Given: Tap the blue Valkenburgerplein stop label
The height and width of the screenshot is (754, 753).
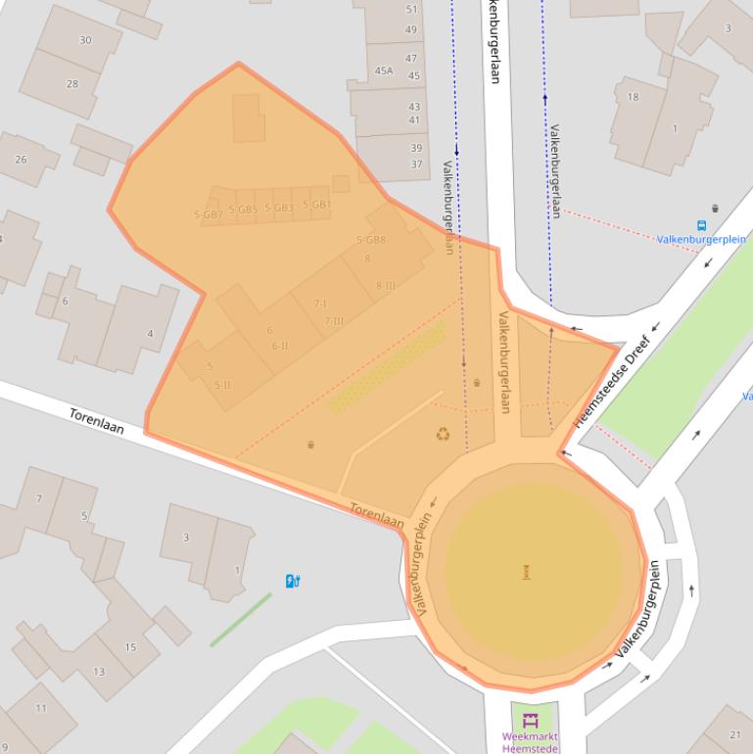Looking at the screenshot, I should tap(701, 239).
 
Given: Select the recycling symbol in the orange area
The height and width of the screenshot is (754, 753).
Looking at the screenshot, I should tap(444, 434).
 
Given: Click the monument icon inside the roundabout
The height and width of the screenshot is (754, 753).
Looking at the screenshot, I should tap(527, 571).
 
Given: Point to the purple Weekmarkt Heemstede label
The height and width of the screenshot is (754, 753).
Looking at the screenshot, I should tap(531, 741).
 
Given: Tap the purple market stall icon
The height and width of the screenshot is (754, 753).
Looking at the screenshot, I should tap(532, 721).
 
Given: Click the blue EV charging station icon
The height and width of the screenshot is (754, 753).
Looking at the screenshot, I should tap(292, 581).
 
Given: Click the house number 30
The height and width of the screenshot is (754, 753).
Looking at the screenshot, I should tap(85, 40).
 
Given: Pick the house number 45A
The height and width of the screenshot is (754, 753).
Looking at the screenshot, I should tap(384, 71).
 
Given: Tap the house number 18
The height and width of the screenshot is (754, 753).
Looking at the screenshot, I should tap(633, 97).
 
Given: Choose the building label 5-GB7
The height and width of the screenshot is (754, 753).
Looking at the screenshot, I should tap(208, 213).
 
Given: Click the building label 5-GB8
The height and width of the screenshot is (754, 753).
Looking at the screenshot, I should tap(371, 240).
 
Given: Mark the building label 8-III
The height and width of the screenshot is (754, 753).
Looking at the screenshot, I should tap(386, 286).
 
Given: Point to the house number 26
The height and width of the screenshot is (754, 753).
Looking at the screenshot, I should tap(21, 160).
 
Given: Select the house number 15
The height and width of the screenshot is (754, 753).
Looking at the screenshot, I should tap(130, 647).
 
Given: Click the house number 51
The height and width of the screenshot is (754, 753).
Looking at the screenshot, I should tap(411, 10).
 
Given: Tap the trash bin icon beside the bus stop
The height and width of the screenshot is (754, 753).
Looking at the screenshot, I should tap(716, 208).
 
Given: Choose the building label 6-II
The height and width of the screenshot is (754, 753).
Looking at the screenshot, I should tap(280, 346).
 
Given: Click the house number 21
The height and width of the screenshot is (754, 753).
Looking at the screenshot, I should tap(735, 735).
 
